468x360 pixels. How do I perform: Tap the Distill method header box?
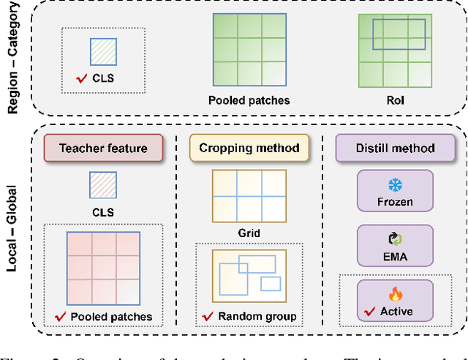(395, 148)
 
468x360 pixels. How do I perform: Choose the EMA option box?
(395, 244)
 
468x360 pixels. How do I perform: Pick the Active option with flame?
(395, 300)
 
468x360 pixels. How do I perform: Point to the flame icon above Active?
(396, 293)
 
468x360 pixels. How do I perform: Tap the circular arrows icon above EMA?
(395, 238)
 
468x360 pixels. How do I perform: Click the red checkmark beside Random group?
(206, 316)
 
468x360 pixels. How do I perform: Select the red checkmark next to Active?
(370, 311)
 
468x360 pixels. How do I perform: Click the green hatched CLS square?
(103, 53)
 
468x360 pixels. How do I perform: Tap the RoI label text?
(394, 100)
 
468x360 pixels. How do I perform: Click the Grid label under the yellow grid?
(249, 233)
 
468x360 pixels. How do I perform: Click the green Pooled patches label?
(249, 100)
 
